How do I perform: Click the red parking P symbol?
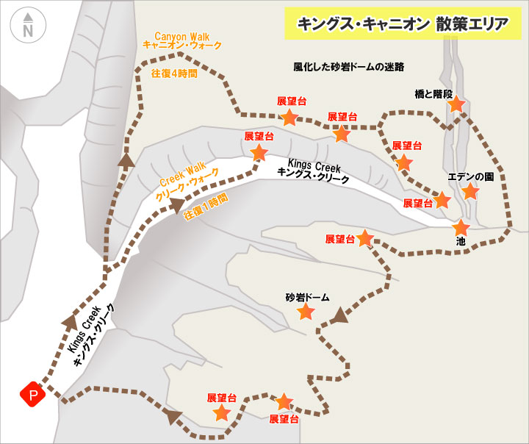(x=33, y=395)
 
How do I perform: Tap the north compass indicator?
(x=27, y=26)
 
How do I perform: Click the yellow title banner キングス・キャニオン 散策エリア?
(x=402, y=24)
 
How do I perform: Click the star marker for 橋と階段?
(x=456, y=104)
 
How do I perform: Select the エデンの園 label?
(x=470, y=176)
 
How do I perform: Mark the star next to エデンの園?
(x=470, y=192)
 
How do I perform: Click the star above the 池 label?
(x=461, y=228)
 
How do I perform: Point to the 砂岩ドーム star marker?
(x=306, y=312)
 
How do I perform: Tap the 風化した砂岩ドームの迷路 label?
(x=349, y=67)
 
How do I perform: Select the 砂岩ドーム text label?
(x=307, y=298)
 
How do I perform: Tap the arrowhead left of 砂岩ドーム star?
(x=339, y=316)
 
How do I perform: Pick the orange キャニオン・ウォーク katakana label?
(x=182, y=46)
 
